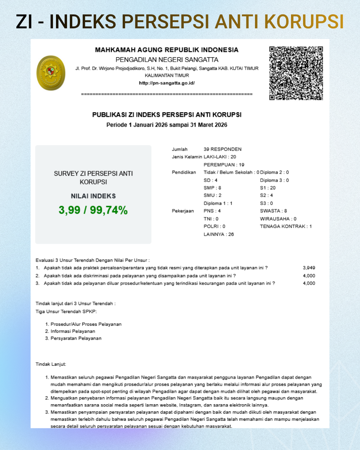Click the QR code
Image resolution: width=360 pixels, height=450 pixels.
pyautogui.click(x=296, y=73)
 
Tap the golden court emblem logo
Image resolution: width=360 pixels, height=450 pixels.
pyautogui.click(x=51, y=73)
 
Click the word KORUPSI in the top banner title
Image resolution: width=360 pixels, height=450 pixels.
pyautogui.click(x=304, y=22)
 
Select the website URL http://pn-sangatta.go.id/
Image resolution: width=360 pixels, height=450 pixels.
pyautogui.click(x=167, y=83)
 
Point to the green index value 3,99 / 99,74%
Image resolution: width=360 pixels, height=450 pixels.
pyautogui.click(x=93, y=210)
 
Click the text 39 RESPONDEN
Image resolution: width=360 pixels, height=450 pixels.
pyautogui.click(x=222, y=149)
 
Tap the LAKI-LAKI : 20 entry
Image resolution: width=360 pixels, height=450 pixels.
pyautogui.click(x=220, y=157)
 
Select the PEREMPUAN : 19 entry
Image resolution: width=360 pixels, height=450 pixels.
pyautogui.click(x=224, y=165)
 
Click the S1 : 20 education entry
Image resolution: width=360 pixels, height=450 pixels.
pyautogui.click(x=268, y=188)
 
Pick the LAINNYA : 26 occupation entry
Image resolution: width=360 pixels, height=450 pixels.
pyautogui.click(x=219, y=234)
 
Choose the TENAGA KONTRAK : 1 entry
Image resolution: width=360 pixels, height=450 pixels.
pyautogui.click(x=286, y=226)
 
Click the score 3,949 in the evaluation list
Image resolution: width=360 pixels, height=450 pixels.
pyautogui.click(x=309, y=268)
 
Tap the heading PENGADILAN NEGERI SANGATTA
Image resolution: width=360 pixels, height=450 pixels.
pyautogui.click(x=167, y=60)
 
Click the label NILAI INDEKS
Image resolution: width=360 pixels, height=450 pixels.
pyautogui.click(x=93, y=196)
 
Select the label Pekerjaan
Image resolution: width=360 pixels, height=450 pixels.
pyautogui.click(x=183, y=211)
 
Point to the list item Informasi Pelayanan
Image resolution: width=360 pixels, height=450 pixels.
pyautogui.click(x=73, y=331)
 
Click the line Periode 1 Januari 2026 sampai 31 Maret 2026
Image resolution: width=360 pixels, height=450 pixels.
pyautogui.click(x=167, y=125)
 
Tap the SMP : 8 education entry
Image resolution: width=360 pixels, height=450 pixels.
pyautogui.click(x=212, y=188)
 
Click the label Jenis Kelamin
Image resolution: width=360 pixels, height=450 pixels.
pyautogui.click(x=187, y=157)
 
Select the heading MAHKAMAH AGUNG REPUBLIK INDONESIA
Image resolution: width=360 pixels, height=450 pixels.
pyautogui.click(x=167, y=50)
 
